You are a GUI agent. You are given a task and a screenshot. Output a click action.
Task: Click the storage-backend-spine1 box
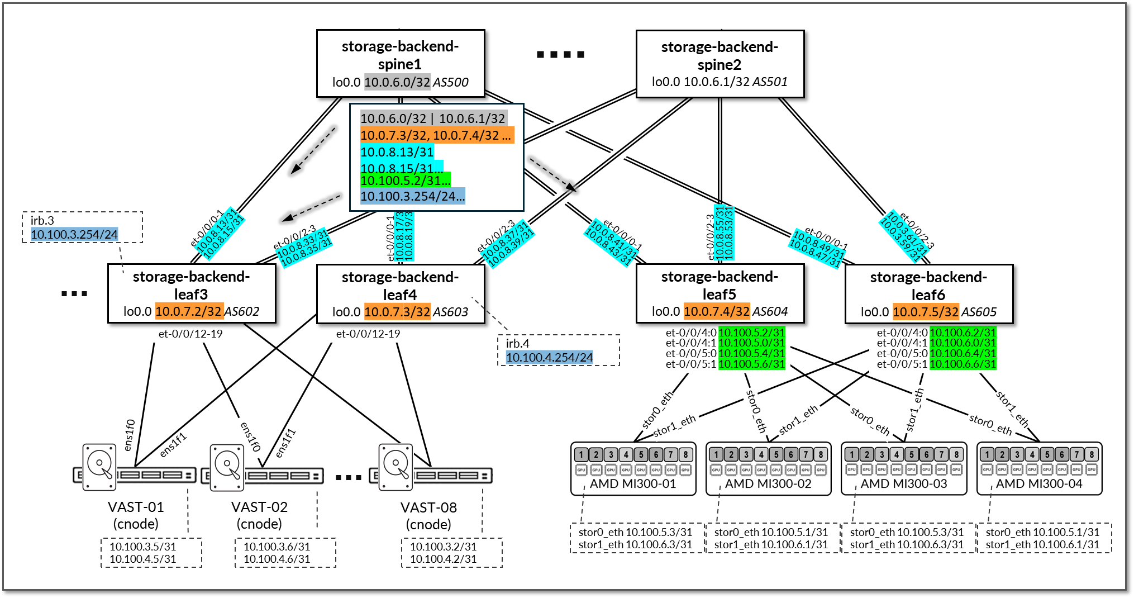pyautogui.click(x=400, y=63)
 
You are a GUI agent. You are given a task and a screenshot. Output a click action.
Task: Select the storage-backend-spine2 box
pyautogui.click(x=720, y=64)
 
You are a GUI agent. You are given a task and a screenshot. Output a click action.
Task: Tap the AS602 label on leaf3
pyautogui.click(x=242, y=311)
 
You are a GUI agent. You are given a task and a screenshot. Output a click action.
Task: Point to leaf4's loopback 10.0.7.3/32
pyautogui.click(x=397, y=312)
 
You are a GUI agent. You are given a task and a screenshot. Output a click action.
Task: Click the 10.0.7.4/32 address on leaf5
pyautogui.click(x=717, y=311)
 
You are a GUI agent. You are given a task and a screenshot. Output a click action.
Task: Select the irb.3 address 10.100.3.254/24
pyautogui.click(x=74, y=234)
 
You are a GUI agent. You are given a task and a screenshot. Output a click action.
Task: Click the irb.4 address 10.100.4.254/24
pyautogui.click(x=550, y=357)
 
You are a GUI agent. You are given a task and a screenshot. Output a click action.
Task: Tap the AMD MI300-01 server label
pyautogui.click(x=633, y=484)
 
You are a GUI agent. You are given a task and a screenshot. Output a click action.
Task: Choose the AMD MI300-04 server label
pyautogui.click(x=1039, y=484)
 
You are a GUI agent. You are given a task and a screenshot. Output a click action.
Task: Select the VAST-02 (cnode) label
pyautogui.click(x=259, y=515)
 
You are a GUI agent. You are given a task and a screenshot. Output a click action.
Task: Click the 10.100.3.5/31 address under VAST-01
pyautogui.click(x=142, y=547)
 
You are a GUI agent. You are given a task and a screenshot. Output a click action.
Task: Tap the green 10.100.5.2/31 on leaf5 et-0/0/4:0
pyautogui.click(x=751, y=333)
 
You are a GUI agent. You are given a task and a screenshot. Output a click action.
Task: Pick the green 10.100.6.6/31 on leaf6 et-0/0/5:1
pyautogui.click(x=963, y=364)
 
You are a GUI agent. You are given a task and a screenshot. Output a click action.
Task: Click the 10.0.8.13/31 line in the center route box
pyautogui.click(x=397, y=152)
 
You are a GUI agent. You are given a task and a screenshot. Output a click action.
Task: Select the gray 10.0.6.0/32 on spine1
pyautogui.click(x=397, y=82)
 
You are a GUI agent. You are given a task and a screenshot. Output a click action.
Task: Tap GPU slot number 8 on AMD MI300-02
pyautogui.click(x=821, y=454)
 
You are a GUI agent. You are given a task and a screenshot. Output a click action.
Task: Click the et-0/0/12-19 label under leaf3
pyautogui.click(x=190, y=334)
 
